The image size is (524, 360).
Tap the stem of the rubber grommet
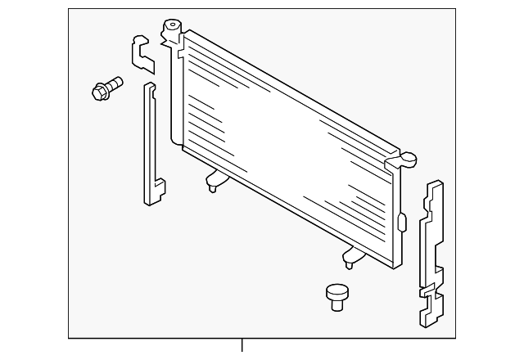click(x=337, y=304)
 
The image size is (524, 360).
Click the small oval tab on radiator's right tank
click(x=402, y=222)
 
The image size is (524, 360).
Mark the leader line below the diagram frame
click(x=242, y=348)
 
